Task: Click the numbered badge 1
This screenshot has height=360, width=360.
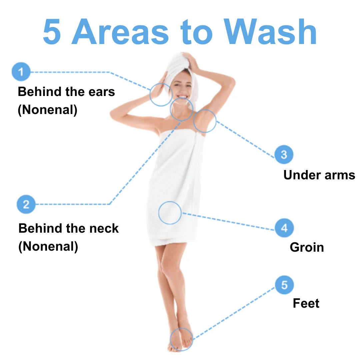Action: tap(21, 72)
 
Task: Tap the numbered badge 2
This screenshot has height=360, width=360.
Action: tap(26, 204)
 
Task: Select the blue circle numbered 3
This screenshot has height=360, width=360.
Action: tap(284, 155)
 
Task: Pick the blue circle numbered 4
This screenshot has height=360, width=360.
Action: tap(284, 228)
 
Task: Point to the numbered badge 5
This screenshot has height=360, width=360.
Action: tap(284, 285)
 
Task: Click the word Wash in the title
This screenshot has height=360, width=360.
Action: tap(270, 32)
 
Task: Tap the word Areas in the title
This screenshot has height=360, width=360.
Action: tap(120, 32)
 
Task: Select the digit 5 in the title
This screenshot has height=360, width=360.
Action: tap(52, 32)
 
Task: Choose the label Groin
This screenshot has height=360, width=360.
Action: tap(307, 247)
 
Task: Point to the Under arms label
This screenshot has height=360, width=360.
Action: tap(319, 175)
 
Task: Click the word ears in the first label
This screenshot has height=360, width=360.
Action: tap(102, 92)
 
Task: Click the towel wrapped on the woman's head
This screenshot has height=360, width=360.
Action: tap(181, 69)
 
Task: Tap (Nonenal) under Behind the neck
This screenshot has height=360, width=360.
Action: tap(48, 247)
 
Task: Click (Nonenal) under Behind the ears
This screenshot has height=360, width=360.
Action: tap(48, 110)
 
